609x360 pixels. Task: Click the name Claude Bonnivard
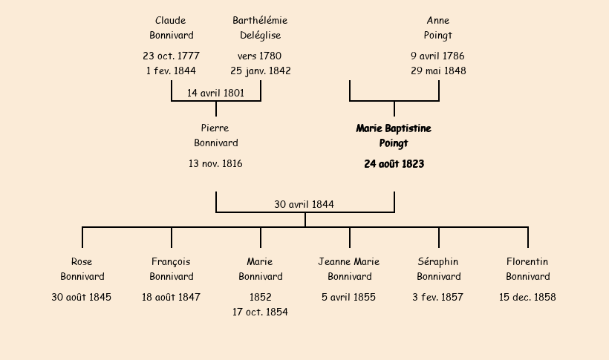click(x=171, y=27)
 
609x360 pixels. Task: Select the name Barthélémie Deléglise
click(x=260, y=27)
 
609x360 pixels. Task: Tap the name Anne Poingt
click(x=438, y=27)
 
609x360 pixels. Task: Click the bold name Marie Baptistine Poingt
click(x=394, y=136)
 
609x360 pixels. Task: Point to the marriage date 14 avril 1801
click(x=215, y=93)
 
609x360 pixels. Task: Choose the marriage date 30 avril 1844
click(x=304, y=204)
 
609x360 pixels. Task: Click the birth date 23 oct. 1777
click(x=171, y=56)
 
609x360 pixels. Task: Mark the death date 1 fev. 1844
click(x=171, y=71)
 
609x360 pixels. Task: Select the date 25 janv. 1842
click(x=260, y=71)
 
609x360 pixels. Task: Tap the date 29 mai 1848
click(x=438, y=71)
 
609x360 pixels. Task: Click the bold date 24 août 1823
click(x=394, y=164)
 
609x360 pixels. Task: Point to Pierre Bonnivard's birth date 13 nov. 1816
click(x=215, y=164)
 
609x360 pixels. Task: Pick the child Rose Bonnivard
click(x=82, y=269)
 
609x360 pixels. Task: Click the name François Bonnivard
click(x=171, y=269)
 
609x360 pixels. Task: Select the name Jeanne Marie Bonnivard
click(x=349, y=269)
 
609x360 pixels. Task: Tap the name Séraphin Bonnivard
click(x=438, y=269)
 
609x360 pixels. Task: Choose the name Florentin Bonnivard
click(x=527, y=269)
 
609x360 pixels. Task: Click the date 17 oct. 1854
click(x=260, y=312)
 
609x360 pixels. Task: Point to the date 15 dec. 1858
click(x=527, y=298)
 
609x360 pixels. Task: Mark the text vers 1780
click(x=260, y=56)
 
